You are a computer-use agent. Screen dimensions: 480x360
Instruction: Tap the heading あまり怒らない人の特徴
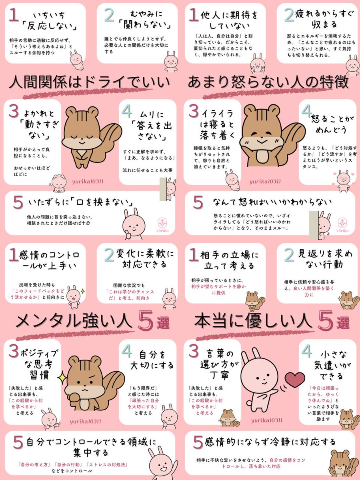(x=268, y=83)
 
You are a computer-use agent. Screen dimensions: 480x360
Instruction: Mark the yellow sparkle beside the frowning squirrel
(x=62, y=376)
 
